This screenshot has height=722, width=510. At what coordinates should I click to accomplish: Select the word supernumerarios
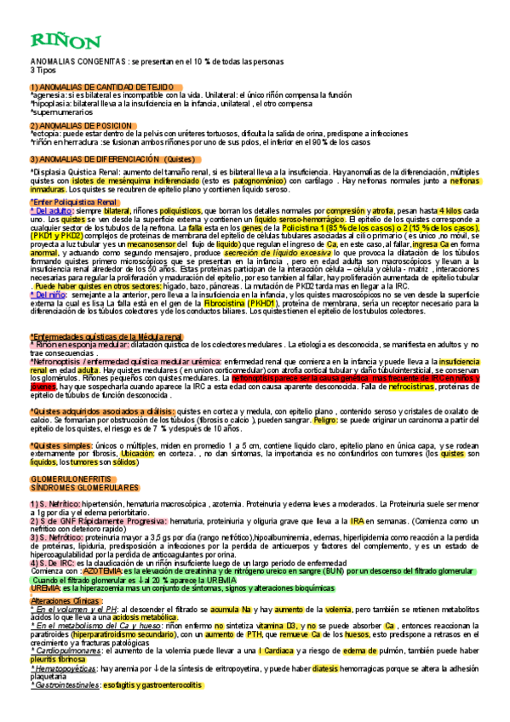[60, 112]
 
